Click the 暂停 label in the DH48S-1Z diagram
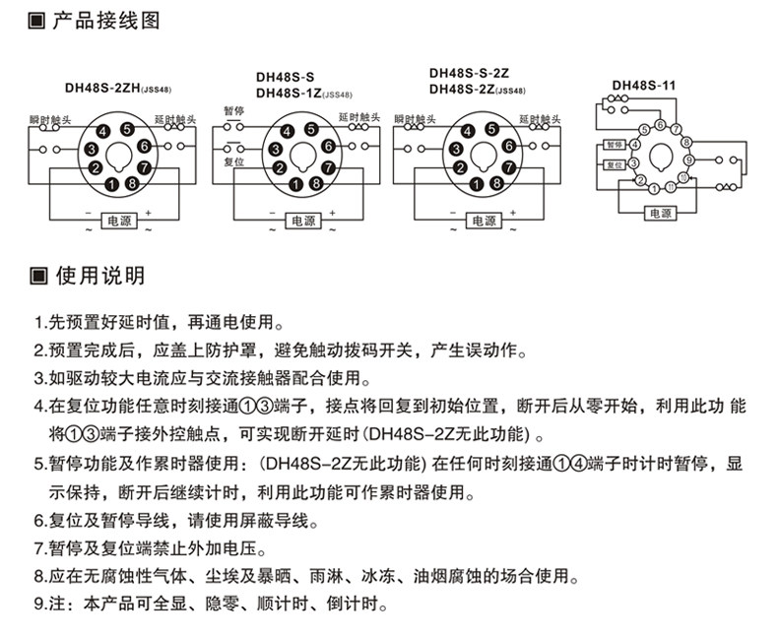coord(233,111)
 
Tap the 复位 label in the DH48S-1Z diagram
coord(233,160)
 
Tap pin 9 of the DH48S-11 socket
coord(688,158)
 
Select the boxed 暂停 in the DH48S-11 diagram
coord(614,144)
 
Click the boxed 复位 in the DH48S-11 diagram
coord(614,165)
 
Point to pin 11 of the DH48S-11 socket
coord(669,186)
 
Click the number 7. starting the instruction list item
coord(40,547)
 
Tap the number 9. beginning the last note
coord(40,603)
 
